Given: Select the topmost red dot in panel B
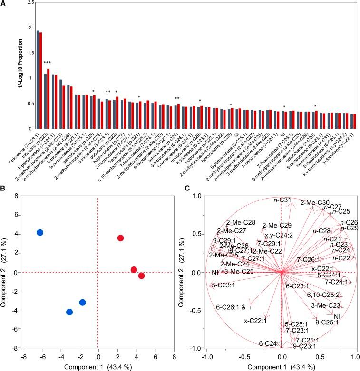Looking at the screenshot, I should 120,238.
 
